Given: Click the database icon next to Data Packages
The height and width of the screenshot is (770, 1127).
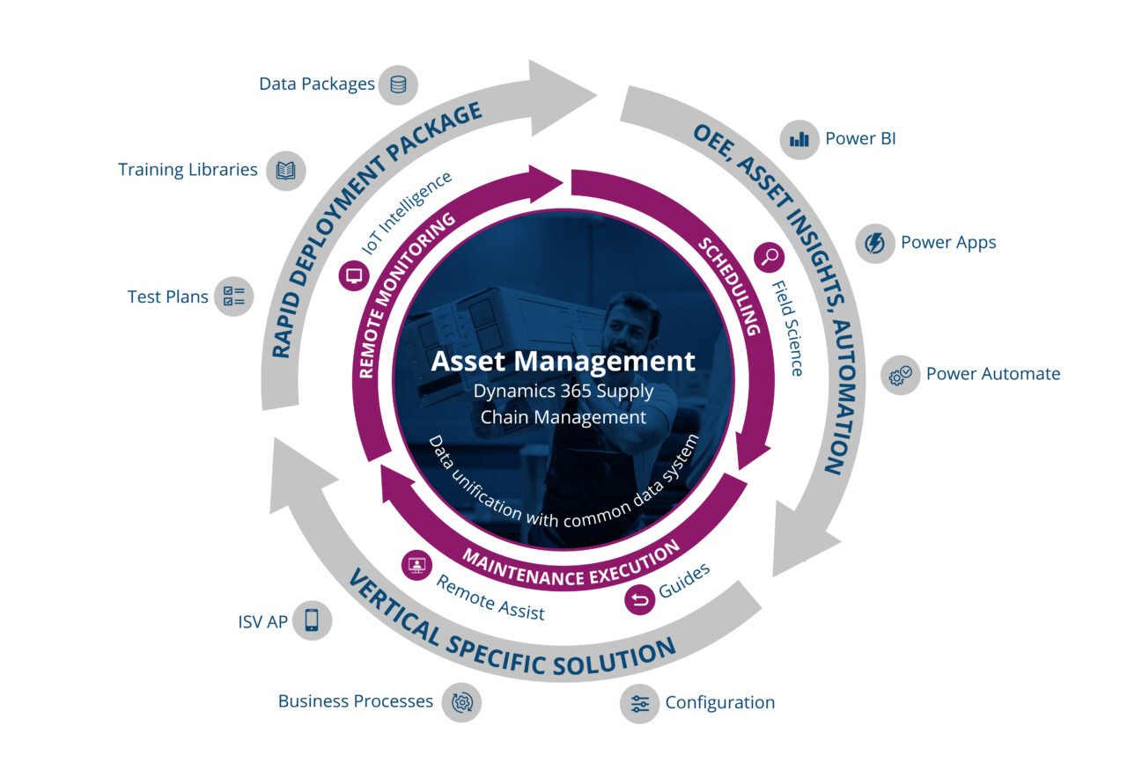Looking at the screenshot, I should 398,84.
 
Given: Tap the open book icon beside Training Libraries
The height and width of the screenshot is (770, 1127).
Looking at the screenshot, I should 285,170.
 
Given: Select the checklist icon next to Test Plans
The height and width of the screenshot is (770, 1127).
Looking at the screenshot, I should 234,297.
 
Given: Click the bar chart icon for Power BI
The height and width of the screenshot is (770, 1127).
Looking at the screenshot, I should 799,139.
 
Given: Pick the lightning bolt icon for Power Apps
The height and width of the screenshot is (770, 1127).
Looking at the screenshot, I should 875,243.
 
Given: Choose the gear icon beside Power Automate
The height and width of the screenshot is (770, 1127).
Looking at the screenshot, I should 900,375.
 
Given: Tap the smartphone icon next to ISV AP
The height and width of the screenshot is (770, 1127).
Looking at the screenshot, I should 312,621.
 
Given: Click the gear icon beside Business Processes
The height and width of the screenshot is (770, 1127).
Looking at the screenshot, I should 461,702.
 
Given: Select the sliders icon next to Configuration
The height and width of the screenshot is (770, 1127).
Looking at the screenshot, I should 639,703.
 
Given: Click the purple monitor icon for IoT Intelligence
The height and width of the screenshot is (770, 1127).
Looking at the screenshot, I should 355,275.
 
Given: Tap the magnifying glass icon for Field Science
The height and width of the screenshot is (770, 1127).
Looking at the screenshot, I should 770,257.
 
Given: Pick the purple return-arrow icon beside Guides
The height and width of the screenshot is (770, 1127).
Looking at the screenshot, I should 639,600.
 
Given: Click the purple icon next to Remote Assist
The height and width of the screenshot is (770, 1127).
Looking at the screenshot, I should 416,566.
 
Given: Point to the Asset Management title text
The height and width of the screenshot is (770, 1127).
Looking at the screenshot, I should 563,361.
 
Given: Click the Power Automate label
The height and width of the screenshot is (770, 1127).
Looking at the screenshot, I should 992,374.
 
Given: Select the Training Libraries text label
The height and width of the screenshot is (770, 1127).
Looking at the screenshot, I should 188,170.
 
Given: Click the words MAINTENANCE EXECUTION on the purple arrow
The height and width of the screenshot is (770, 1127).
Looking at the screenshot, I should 571,566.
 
